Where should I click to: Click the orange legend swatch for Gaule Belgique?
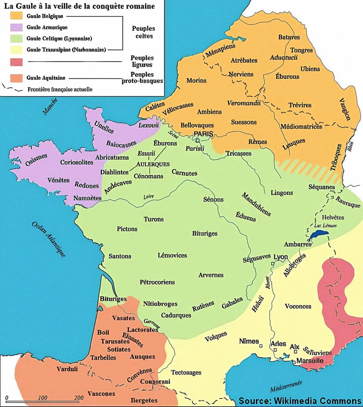coord(16,16)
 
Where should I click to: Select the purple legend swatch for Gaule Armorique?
coord(16,27)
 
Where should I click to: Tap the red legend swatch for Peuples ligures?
coord(16,62)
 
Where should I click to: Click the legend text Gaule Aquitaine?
coord(46,78)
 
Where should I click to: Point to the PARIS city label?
coord(203,134)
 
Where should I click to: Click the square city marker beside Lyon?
coord(273,263)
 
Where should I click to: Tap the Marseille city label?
coord(310,361)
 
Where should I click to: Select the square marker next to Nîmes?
coord(261,346)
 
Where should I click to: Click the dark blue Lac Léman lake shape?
coord(319,234)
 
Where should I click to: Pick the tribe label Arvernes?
coord(211,275)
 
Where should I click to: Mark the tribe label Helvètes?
coord(333,217)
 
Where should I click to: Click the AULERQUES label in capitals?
coord(153,164)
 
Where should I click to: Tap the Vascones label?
coord(101,394)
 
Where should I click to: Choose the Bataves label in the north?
coord(289,37)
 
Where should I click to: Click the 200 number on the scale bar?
coord(79,398)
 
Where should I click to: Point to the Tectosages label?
coord(186,372)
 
